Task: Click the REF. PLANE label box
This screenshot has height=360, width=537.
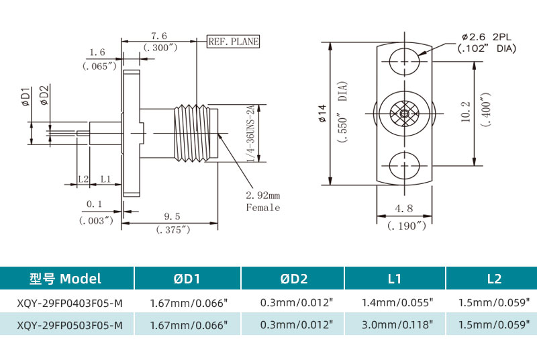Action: pos(233,42)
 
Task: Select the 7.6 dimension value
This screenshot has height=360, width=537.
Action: pos(159,36)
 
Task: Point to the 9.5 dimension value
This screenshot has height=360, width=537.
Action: pos(173,216)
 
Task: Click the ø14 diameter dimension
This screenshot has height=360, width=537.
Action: pos(322,113)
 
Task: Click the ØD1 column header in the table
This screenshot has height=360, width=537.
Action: pos(188,279)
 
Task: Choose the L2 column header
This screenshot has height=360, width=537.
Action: pos(494,279)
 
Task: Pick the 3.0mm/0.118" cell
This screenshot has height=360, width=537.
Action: pos(395,326)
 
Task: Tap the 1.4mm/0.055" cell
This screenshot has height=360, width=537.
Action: pos(395,302)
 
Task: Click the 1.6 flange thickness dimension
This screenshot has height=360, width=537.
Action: pos(97,52)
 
